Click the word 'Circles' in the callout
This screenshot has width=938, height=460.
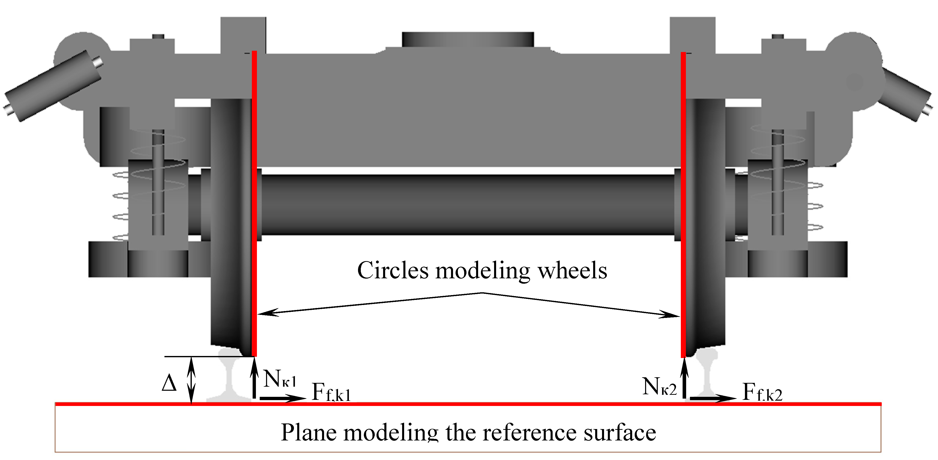click(393, 270)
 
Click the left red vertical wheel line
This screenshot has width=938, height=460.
click(255, 204)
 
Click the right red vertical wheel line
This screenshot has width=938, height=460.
click(683, 204)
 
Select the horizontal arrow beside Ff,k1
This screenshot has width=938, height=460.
click(283, 398)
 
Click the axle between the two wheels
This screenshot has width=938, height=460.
click(468, 204)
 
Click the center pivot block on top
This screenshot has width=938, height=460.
click(468, 39)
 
